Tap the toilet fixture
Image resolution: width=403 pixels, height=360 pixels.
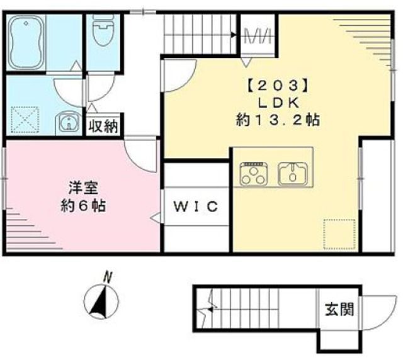click(101, 28)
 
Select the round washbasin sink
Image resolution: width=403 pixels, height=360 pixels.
click(67, 122)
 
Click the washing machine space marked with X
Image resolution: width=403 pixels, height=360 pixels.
click(25, 120)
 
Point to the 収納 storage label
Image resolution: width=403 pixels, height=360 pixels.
click(103, 126)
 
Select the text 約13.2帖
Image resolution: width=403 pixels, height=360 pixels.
click(278, 120)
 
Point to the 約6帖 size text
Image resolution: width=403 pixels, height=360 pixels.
click(82, 205)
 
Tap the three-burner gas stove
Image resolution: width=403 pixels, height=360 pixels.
click(254, 172)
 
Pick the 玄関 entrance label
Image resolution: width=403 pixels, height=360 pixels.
click(339, 309)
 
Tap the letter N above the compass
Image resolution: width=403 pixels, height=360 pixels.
click(108, 275)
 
